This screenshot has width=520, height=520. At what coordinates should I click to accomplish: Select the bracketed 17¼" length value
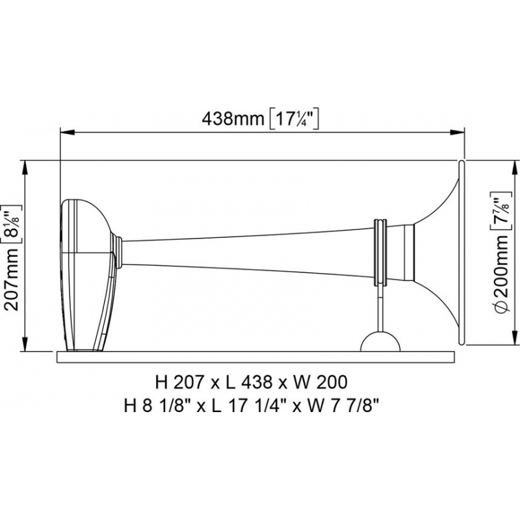pos(292,118)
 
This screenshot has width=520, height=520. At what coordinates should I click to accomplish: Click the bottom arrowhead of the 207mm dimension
pos(25,346)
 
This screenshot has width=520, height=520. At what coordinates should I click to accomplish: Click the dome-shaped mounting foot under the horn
pos(380,342)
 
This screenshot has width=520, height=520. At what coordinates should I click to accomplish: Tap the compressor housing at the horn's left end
pos(88,273)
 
